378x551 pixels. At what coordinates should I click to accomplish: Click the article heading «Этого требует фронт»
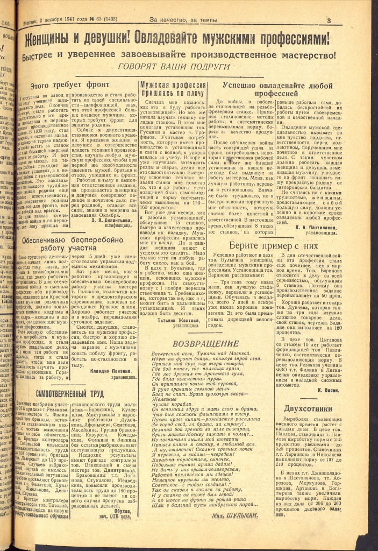[70, 85]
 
